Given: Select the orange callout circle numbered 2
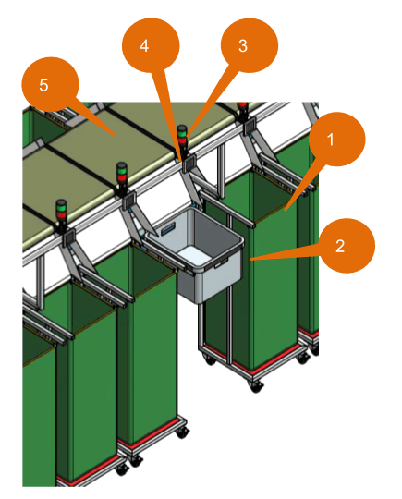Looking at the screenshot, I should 340,246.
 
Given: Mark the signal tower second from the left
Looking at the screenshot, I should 122,178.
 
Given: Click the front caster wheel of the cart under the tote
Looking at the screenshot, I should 256,385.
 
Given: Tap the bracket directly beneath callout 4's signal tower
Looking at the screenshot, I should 187,164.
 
